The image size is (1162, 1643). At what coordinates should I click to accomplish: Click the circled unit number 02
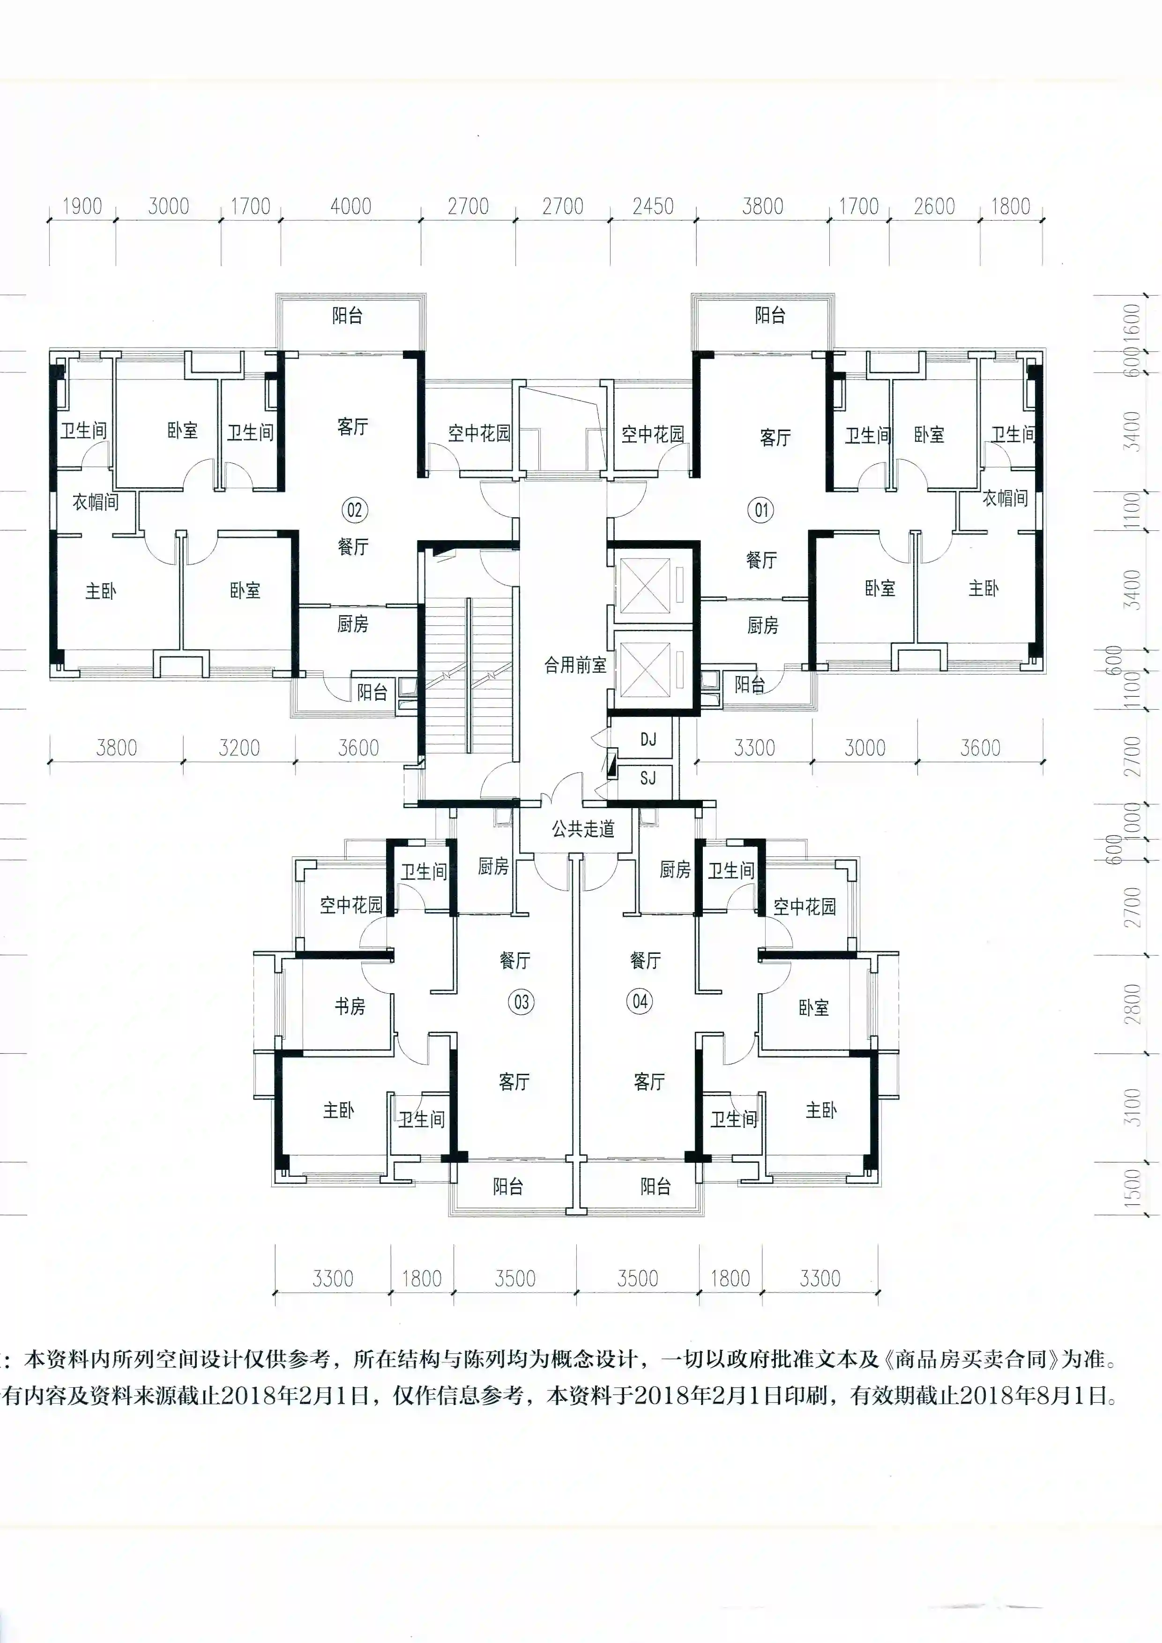point(355,510)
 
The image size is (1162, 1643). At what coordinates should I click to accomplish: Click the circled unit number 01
point(760,510)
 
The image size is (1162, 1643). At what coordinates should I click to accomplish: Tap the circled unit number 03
point(521,1002)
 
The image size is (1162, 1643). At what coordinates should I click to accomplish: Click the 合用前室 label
point(575,665)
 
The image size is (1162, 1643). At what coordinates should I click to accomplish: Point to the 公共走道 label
point(583,829)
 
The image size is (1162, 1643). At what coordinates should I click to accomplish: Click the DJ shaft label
point(648,739)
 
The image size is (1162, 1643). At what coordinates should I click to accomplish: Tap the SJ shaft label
point(648,777)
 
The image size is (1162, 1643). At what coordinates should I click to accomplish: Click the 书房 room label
point(350,1006)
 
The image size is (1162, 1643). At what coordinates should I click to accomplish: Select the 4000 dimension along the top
point(350,206)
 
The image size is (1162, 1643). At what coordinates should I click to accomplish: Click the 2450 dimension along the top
point(653,206)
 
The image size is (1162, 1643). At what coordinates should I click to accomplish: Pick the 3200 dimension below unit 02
point(239,748)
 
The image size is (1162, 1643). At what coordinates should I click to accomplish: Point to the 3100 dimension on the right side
point(1132,1107)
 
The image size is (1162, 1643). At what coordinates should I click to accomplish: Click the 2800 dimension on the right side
point(1132,1004)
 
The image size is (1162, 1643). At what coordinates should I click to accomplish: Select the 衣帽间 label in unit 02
point(95,502)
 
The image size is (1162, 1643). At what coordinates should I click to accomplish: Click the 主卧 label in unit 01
point(984,588)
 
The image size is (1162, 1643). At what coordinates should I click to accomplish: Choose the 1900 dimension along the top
point(82,206)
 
